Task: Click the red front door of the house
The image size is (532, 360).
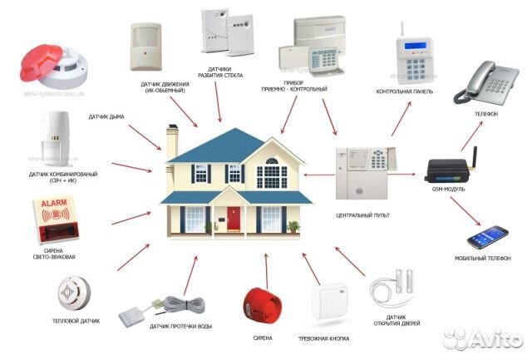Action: tap(234, 219)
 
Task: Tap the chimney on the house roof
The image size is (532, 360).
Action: tap(172, 142)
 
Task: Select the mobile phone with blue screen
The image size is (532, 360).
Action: tap(487, 237)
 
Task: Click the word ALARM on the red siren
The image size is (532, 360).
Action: tap(56, 204)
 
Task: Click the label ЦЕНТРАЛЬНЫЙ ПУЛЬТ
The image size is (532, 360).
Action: tap(362, 215)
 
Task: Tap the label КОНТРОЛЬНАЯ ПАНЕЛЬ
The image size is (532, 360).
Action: tap(405, 91)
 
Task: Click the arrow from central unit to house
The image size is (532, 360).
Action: tap(318, 175)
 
